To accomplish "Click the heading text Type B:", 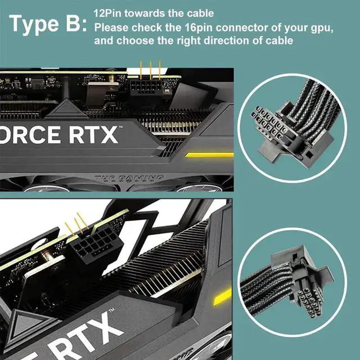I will click(48, 24).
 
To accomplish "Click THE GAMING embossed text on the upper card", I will click(129, 179).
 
